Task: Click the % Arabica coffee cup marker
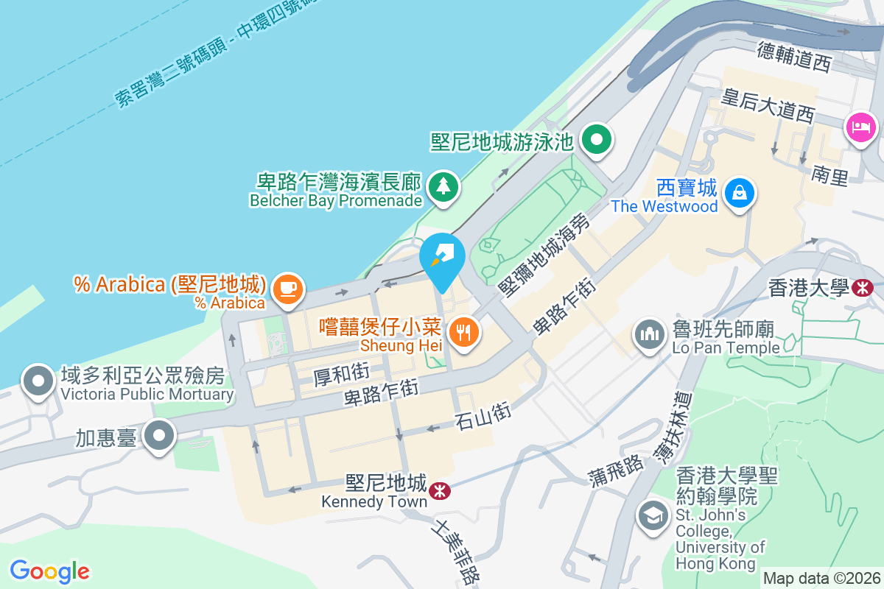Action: pyautogui.click(x=287, y=289)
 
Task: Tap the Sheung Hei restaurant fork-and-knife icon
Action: pyautogui.click(x=463, y=334)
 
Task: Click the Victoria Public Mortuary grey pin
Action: pyautogui.click(x=38, y=381)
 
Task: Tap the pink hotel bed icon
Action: pyautogui.click(x=861, y=127)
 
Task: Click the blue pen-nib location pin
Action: pyautogui.click(x=442, y=258)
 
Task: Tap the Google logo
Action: pyautogui.click(x=50, y=571)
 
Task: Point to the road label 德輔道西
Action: pyautogui.click(x=794, y=57)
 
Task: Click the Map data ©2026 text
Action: pyautogui.click(x=821, y=579)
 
